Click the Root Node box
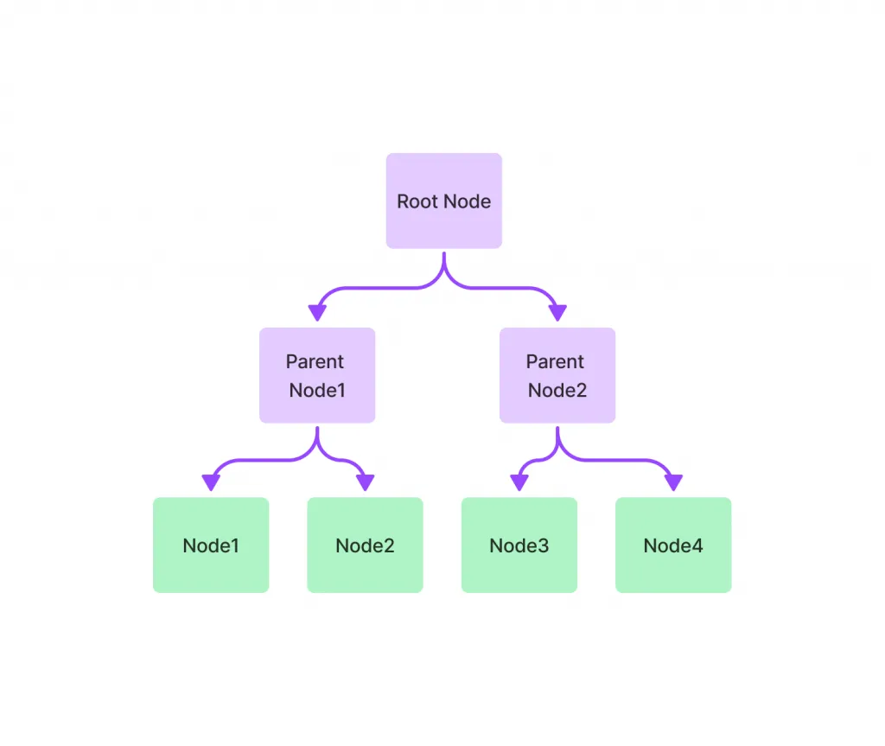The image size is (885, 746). point(443,201)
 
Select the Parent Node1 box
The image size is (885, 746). point(317,375)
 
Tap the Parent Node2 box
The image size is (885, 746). point(557,375)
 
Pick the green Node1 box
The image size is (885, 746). point(211,545)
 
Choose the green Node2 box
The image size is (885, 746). point(366,545)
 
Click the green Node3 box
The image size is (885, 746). point(519,545)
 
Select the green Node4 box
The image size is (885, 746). point(673,545)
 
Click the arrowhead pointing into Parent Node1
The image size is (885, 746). point(317,313)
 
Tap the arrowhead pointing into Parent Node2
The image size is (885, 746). point(557,313)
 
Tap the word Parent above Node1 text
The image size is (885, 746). point(315,361)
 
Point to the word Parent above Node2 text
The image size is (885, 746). point(555,361)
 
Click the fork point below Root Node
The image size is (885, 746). point(444,270)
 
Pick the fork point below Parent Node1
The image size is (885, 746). point(317,443)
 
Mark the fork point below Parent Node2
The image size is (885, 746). point(557,443)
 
